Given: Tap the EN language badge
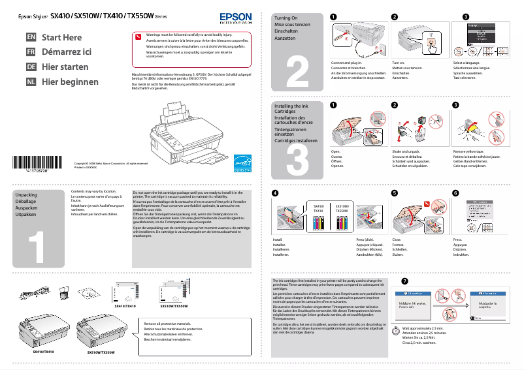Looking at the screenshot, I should click(x=31, y=37).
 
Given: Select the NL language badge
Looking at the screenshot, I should click(x=31, y=82).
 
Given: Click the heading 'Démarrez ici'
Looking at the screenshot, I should click(x=66, y=52).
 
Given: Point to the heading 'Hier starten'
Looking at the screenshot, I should click(x=65, y=67).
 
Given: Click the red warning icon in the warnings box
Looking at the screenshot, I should click(x=137, y=37).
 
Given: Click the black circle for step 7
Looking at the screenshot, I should click(x=405, y=281).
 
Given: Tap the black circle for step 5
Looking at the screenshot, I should click(x=395, y=193).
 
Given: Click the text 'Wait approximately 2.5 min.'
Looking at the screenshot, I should click(x=423, y=328).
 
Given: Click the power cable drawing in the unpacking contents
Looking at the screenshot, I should click(x=34, y=294).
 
